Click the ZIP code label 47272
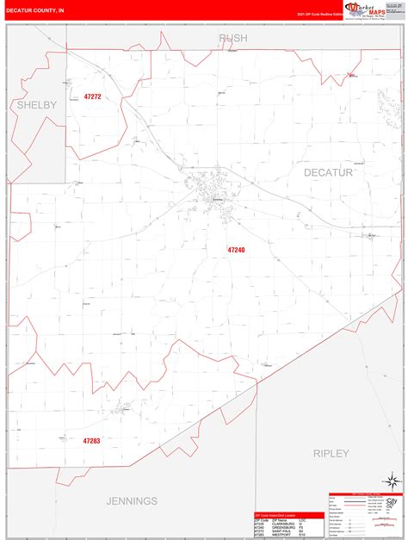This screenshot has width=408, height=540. pyautogui.click(x=92, y=96)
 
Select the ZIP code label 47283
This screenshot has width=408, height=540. pyautogui.click(x=92, y=441)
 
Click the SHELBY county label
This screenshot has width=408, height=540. pyautogui.click(x=36, y=104)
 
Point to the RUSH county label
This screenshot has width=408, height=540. pyautogui.click(x=232, y=38)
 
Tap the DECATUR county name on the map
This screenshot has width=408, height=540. pyautogui.click(x=328, y=172)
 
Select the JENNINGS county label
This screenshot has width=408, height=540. pyautogui.click(x=132, y=500)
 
